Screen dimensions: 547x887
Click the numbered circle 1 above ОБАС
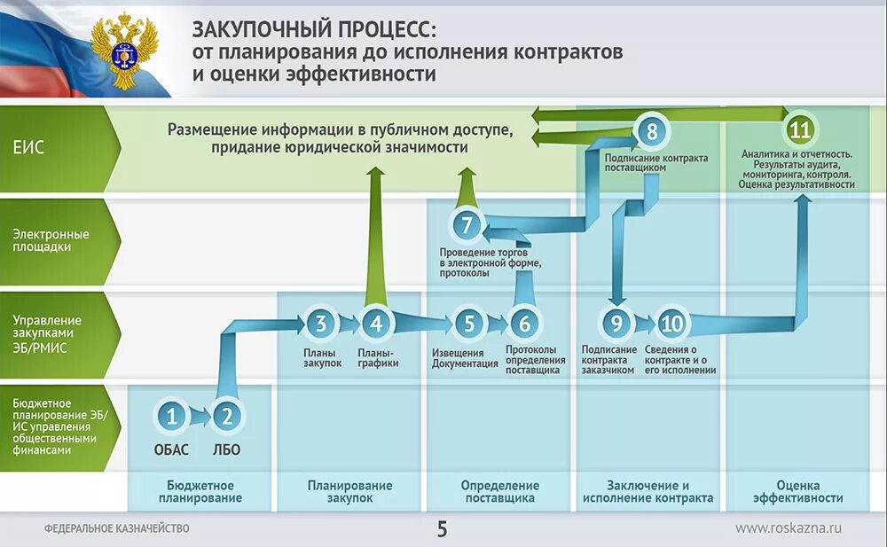172,415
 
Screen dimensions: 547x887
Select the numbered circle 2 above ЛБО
228,415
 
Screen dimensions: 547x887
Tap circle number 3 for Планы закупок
321,324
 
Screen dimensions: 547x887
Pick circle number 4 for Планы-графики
376,324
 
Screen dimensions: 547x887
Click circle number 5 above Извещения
468,324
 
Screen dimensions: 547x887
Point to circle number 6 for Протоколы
524,324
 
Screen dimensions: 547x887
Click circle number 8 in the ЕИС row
652,132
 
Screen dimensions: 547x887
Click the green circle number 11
800,130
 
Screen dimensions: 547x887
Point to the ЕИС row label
28,148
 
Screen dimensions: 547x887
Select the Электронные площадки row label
50,240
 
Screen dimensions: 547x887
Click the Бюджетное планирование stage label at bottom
200,491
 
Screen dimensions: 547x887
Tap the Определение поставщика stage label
499,491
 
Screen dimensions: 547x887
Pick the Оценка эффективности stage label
797,491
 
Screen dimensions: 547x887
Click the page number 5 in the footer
442,529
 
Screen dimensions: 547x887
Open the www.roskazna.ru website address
788,528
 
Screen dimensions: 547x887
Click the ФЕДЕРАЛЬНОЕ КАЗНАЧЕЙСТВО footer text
116,529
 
